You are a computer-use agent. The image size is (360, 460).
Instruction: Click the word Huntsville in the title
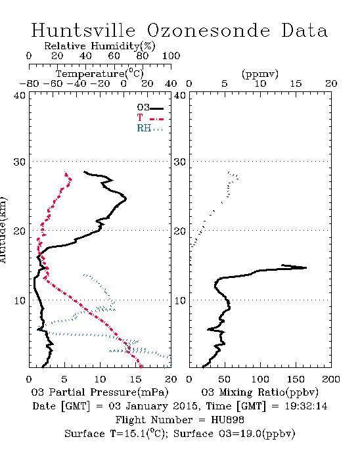[83, 30]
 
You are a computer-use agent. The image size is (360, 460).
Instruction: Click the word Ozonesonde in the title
[208, 30]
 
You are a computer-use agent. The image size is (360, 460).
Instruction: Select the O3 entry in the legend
[150, 108]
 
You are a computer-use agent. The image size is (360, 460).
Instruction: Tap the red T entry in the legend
[150, 118]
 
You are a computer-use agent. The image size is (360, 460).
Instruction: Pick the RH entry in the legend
[150, 128]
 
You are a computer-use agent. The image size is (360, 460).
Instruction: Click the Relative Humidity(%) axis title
[100, 46]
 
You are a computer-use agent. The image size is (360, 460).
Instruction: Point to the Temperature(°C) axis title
[100, 74]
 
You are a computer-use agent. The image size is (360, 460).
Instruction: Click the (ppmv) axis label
[260, 74]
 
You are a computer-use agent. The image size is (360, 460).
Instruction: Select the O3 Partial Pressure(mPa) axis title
[100, 392]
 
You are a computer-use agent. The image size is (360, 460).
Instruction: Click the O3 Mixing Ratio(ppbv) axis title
[259, 392]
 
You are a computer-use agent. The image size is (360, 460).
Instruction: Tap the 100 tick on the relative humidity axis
[171, 56]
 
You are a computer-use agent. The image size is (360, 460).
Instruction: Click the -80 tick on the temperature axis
[29, 84]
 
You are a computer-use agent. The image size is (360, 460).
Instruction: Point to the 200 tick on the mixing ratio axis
[331, 379]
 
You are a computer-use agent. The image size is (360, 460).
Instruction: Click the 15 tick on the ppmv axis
[296, 84]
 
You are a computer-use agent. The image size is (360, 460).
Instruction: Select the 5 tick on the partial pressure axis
[64, 379]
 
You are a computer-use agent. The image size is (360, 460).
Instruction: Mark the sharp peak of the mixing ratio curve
[306, 267]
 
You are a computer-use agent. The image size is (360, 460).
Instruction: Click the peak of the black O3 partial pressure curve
[125, 198]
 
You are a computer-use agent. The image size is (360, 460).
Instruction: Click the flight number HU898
[227, 420]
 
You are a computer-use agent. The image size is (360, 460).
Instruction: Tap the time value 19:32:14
[305, 406]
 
